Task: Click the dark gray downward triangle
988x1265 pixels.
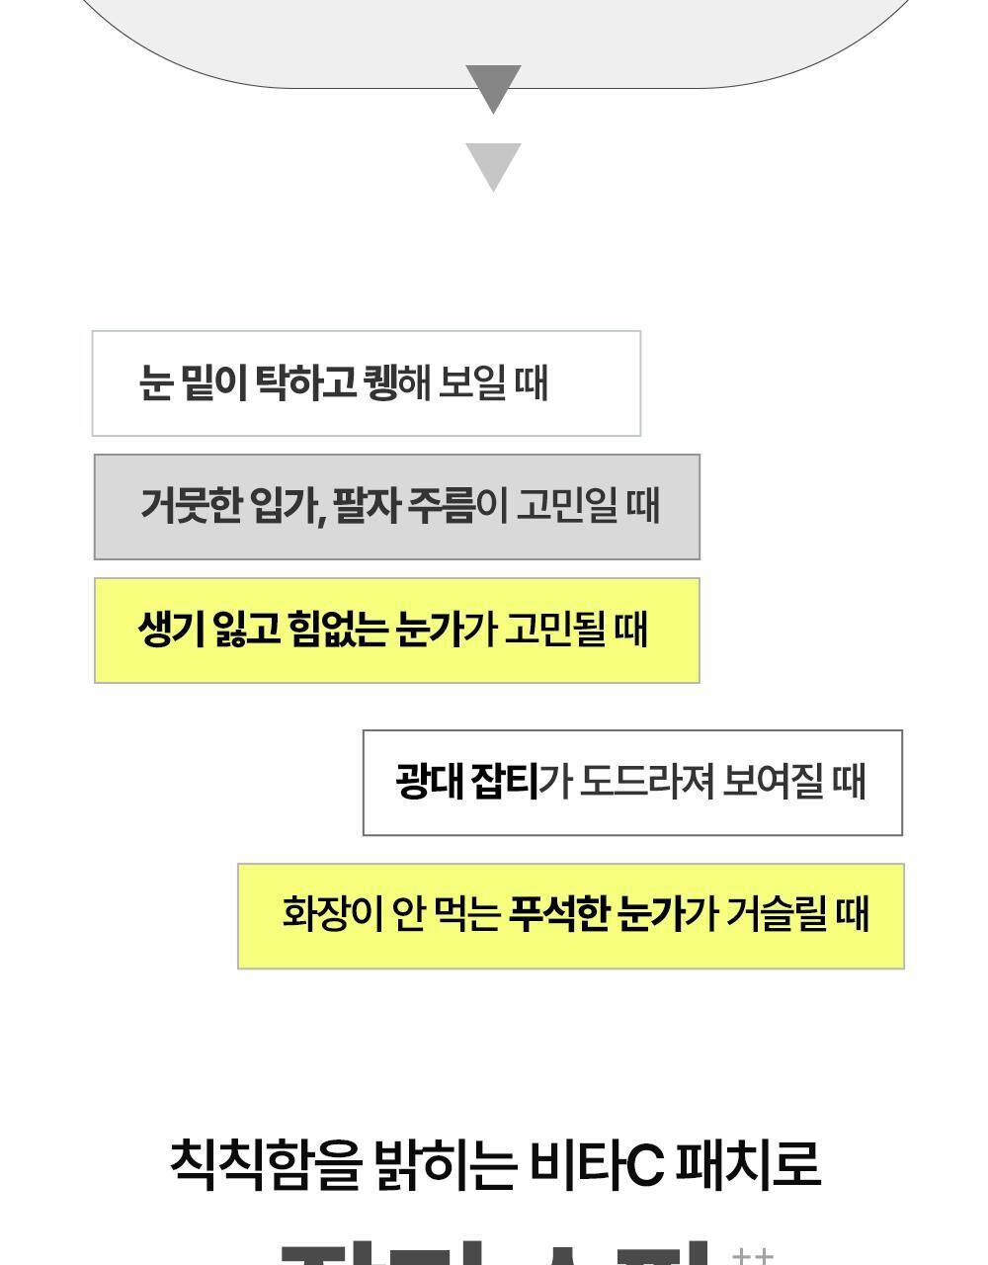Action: (493, 86)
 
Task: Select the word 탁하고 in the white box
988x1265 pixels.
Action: (305, 383)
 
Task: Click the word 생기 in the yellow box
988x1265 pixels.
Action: (170, 630)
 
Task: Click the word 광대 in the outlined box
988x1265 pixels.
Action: (429, 782)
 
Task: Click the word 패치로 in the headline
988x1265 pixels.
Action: (748, 1163)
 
